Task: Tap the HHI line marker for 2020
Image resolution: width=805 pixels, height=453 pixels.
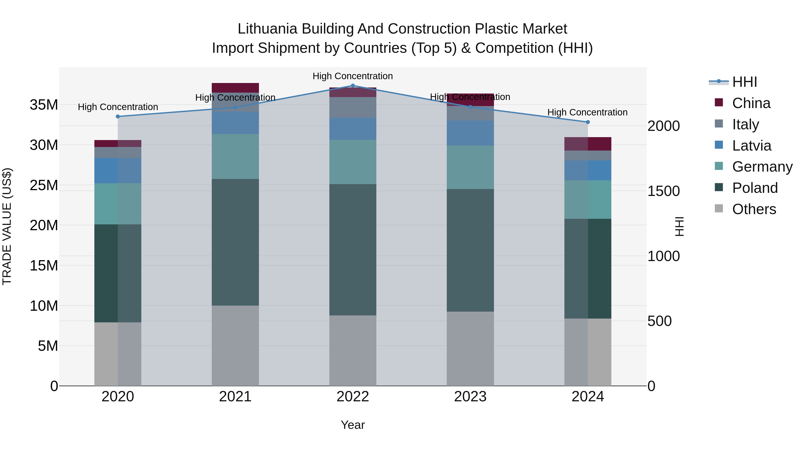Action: pos(118,117)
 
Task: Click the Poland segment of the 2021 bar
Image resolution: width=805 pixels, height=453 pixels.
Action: pos(235,242)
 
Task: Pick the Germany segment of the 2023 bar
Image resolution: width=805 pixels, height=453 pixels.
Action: pos(470,167)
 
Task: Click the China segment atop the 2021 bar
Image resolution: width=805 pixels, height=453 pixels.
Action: pos(235,87)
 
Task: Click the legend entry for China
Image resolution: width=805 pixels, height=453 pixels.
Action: pos(751,103)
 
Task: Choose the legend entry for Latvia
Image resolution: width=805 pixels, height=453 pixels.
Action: pos(751,146)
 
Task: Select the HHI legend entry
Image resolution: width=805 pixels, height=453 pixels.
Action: pos(744,82)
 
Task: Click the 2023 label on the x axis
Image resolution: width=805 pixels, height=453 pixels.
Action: pos(470,397)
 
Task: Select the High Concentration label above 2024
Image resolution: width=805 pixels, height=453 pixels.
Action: pos(587,112)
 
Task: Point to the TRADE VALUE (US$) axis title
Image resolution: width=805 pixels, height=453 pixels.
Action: pos(7,226)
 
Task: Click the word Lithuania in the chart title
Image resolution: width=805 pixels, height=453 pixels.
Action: pos(267,29)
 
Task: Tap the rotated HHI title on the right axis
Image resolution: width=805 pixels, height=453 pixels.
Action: pos(679,226)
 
